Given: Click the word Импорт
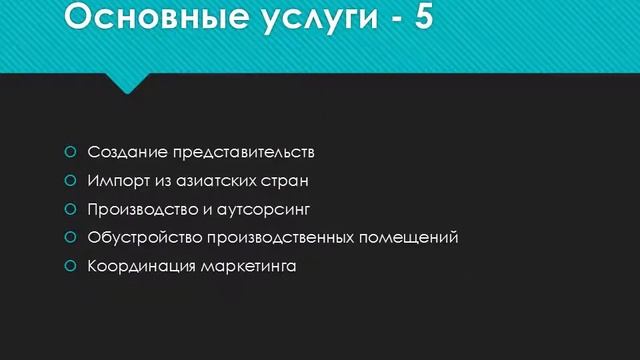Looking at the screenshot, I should [x=117, y=182].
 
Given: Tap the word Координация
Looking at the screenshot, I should [x=141, y=267].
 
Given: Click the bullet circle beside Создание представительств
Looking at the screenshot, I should [x=70, y=153].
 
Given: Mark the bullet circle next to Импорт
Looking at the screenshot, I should [x=70, y=182].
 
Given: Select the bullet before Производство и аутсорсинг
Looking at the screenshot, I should [x=70, y=210].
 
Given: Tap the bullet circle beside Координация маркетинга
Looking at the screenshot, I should [x=70, y=267].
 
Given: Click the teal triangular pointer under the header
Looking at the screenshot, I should [x=127, y=82].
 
